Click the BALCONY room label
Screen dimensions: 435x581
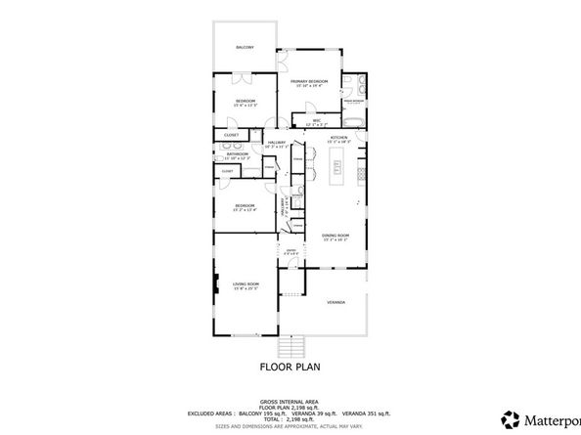[245, 47]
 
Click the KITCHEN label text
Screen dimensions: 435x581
[339, 138]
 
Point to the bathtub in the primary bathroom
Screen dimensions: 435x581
[354, 122]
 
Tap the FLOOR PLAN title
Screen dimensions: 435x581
[290, 369]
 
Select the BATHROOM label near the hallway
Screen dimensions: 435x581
[238, 153]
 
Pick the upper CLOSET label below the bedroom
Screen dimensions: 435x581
[231, 135]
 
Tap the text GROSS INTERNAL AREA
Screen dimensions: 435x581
[290, 401]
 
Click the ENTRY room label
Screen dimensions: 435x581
[290, 252]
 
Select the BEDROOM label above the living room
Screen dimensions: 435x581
[245, 205]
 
